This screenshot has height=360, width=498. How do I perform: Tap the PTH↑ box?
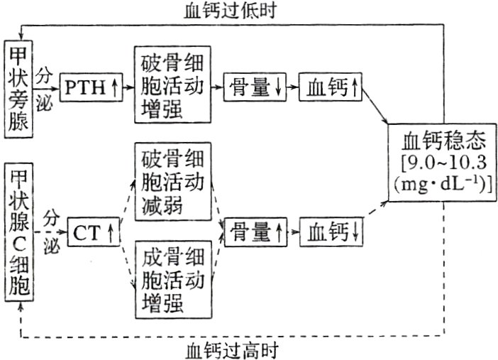(x=90, y=89)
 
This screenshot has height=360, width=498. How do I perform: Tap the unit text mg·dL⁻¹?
(x=441, y=182)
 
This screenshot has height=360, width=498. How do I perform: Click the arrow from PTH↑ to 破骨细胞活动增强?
(x=128, y=89)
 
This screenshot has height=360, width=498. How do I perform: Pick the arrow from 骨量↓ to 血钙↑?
(x=293, y=88)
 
